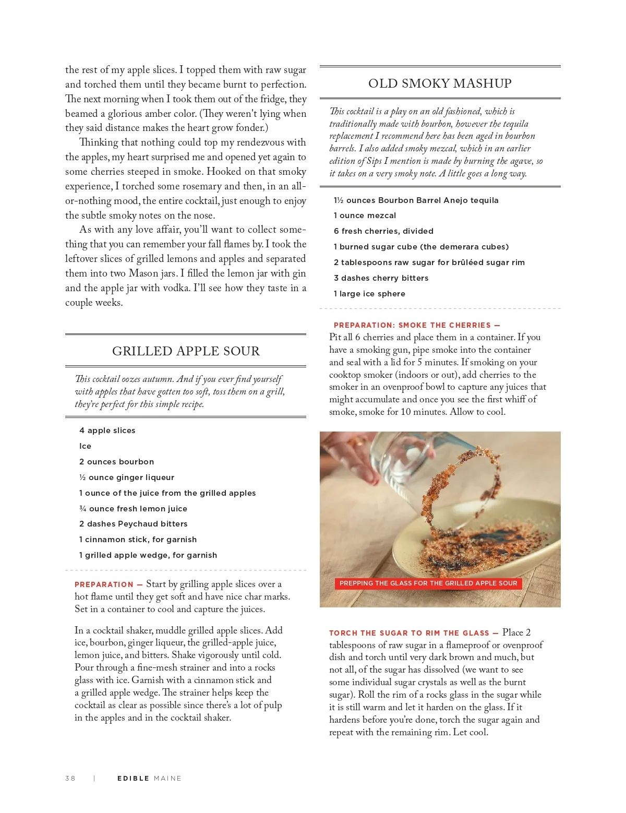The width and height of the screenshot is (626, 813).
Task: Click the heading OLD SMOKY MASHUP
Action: pos(440,83)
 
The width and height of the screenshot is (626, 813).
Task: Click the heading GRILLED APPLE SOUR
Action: pos(186,351)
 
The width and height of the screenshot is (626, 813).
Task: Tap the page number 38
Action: pos(70,778)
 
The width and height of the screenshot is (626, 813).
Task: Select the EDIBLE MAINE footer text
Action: pos(149,778)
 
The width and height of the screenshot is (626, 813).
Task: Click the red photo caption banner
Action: pos(428,583)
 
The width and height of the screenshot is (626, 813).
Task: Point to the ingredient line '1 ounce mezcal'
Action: pos(365,216)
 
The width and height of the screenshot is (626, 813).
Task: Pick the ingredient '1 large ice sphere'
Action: pos(369,294)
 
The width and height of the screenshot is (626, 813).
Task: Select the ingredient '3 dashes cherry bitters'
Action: pos(381,278)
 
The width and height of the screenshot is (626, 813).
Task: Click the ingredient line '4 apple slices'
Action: pos(107,431)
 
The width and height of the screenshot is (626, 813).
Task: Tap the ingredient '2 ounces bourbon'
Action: pos(116,462)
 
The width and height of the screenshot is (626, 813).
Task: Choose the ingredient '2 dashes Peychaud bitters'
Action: pos(133,524)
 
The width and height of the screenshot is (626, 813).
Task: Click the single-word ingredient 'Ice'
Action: pos(85,446)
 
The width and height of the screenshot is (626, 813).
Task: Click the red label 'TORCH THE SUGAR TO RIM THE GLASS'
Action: pos(409,633)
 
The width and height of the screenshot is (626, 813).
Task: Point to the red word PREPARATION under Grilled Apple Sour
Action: pos(104,584)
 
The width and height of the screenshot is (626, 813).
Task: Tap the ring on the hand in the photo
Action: pos(359,443)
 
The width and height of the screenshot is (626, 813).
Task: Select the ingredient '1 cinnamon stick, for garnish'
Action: pos(138,540)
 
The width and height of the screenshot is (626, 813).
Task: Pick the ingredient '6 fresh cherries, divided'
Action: pos(383,231)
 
